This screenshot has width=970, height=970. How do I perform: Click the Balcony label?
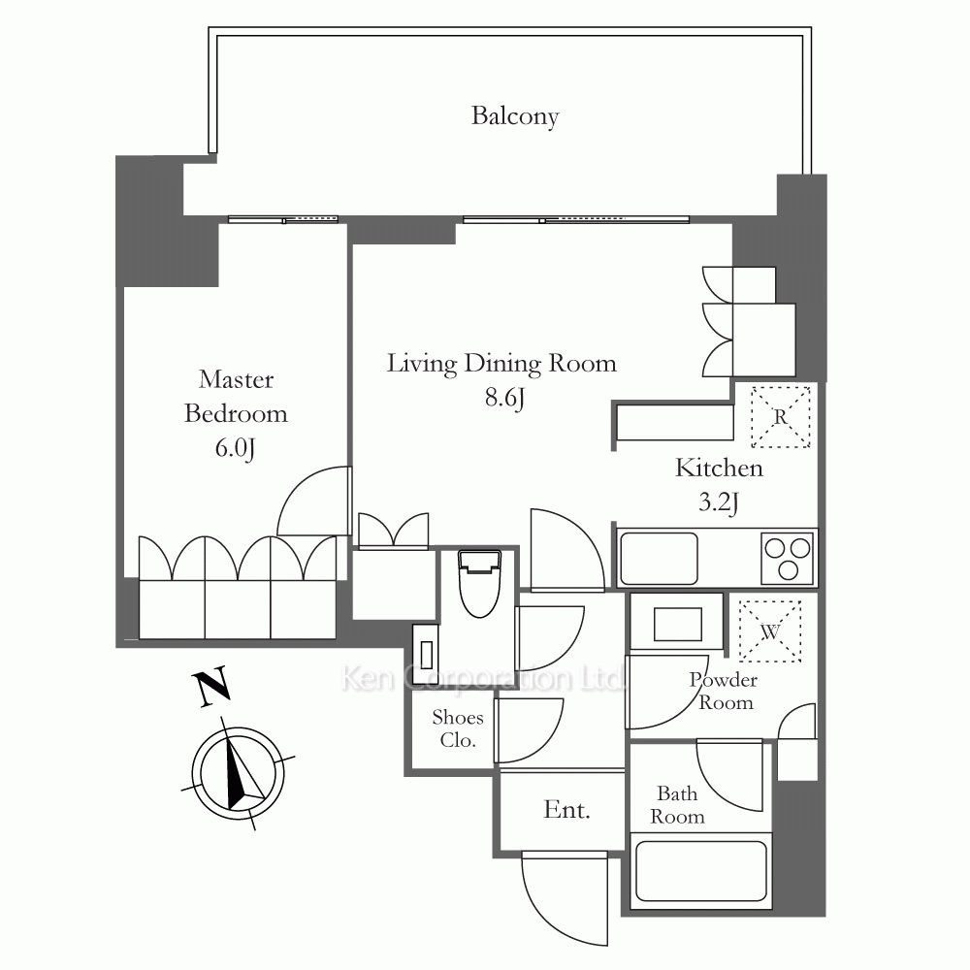tap(515, 116)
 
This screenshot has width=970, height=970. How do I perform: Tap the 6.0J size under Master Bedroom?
tap(235, 448)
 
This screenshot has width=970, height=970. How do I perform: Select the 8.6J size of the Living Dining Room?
tap(504, 398)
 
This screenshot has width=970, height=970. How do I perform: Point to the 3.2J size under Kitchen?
tap(718, 502)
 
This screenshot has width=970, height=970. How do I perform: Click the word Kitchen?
tap(719, 469)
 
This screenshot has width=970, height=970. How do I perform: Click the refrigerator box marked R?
tap(780, 417)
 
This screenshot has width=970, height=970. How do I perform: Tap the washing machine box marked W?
tap(769, 631)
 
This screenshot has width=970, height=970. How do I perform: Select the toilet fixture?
tap(479, 583)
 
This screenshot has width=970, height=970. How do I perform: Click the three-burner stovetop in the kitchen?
tap(787, 558)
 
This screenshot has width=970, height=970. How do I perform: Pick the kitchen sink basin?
tap(659, 559)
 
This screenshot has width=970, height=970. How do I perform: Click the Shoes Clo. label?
tap(457, 728)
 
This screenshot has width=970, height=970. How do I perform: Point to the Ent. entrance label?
tap(566, 810)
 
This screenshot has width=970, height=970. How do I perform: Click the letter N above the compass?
tap(212, 687)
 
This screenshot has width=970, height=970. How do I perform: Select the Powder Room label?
tap(724, 692)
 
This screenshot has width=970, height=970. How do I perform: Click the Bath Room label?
tap(677, 805)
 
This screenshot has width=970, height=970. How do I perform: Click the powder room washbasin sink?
tap(678, 624)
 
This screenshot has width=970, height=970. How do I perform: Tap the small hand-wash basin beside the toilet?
tap(426, 653)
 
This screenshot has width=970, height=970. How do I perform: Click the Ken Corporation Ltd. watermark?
tap(482, 678)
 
